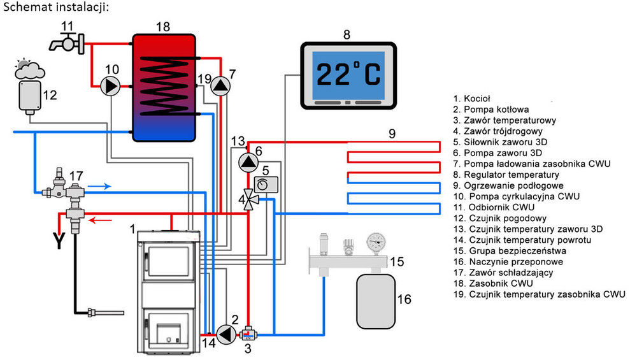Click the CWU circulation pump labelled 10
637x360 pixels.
tap(111, 85)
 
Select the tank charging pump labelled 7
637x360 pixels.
tap(219, 85)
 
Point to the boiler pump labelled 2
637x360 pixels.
tap(225, 333)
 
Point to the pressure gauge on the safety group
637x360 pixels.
tap(376, 241)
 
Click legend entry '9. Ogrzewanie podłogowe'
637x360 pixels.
tap(504, 185)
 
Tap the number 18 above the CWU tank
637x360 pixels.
tap(163, 26)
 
